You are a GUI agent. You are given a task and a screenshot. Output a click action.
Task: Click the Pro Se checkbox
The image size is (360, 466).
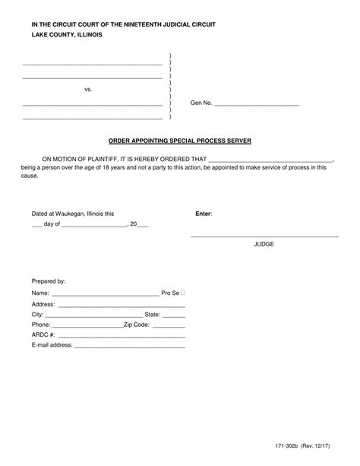184,293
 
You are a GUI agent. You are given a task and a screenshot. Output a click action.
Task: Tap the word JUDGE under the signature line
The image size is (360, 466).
264,245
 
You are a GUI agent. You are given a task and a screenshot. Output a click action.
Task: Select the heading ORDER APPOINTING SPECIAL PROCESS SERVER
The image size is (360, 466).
180,141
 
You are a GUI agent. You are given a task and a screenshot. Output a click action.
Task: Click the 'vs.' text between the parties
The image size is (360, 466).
88,89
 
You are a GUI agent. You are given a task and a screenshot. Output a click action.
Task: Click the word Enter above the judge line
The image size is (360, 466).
204,214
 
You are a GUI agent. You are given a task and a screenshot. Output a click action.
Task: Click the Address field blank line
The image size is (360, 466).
122,305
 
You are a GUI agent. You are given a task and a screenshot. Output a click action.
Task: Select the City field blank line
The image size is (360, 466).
94,315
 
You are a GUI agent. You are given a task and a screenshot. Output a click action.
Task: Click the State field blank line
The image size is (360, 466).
174,315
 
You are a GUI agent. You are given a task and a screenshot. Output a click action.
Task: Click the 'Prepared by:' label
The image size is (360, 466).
49,280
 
